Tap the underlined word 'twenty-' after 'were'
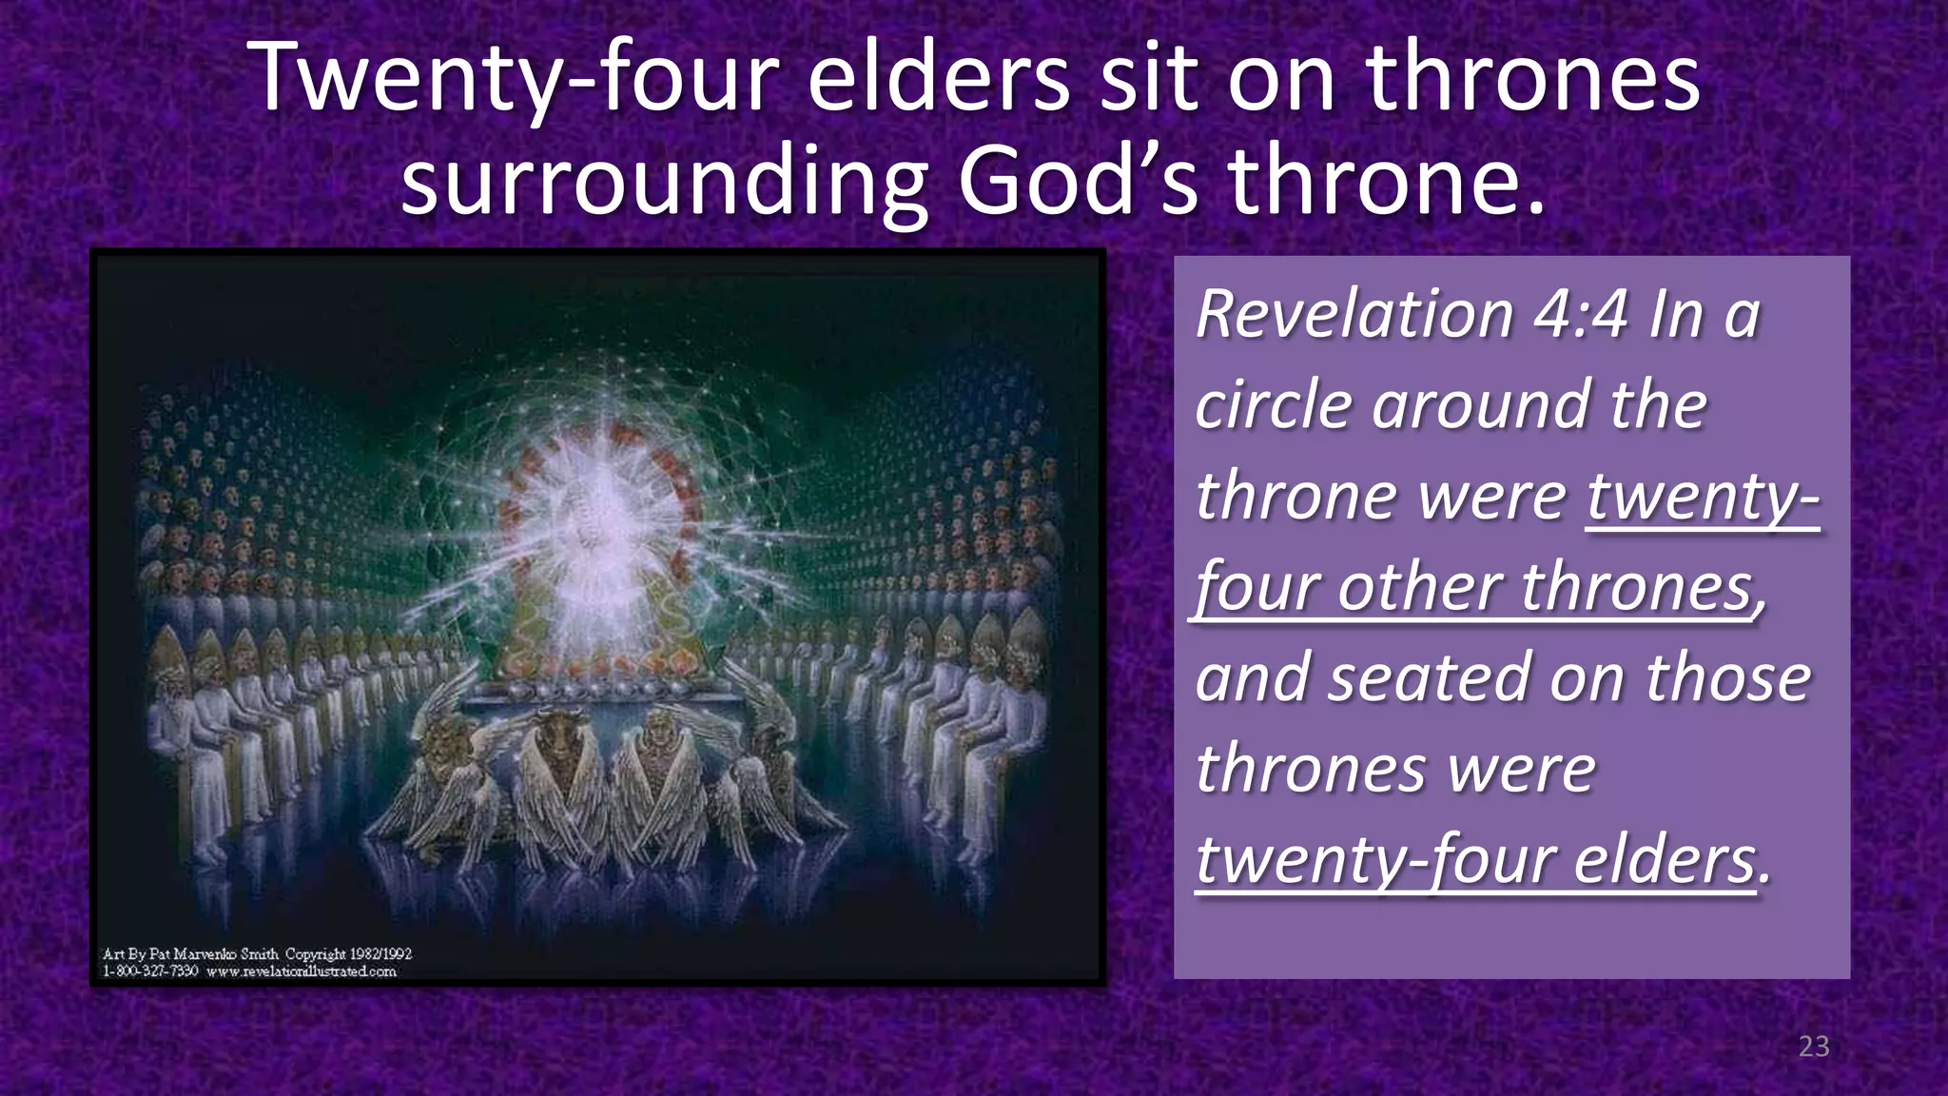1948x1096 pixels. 1703,497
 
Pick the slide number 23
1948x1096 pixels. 1814,1047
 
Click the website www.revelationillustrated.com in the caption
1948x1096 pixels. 301,971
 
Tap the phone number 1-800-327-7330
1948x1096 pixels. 150,971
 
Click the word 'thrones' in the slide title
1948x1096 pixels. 1533,78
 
